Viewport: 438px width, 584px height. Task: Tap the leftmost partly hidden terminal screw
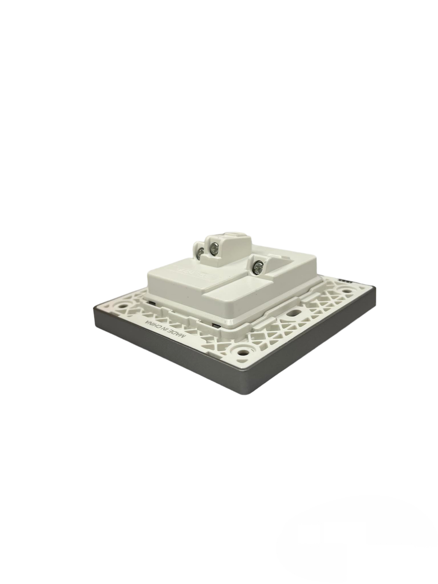click(x=201, y=251)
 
